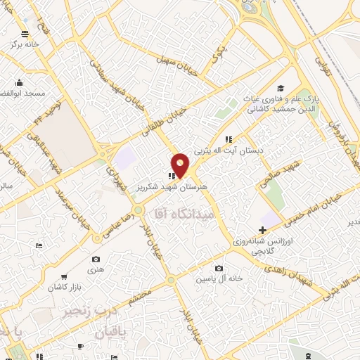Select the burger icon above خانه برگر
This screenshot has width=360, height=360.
[x=25, y=34]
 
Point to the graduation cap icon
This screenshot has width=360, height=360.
[x=280, y=88]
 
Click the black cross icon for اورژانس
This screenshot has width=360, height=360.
[x=263, y=231]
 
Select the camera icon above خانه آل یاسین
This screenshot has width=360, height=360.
[x=219, y=268]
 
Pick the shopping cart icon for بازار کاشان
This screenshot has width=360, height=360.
[x=64, y=277]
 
